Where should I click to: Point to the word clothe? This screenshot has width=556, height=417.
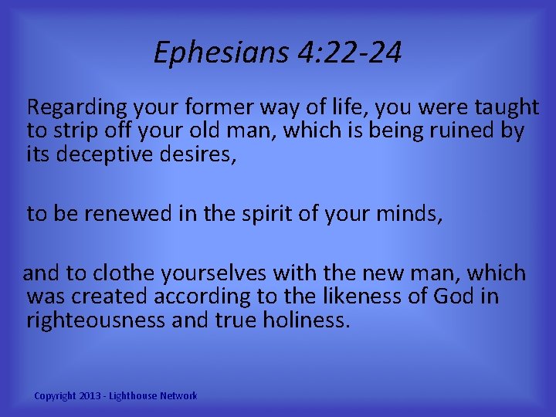(x=120, y=273)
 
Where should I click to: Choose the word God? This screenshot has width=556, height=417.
(x=454, y=297)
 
